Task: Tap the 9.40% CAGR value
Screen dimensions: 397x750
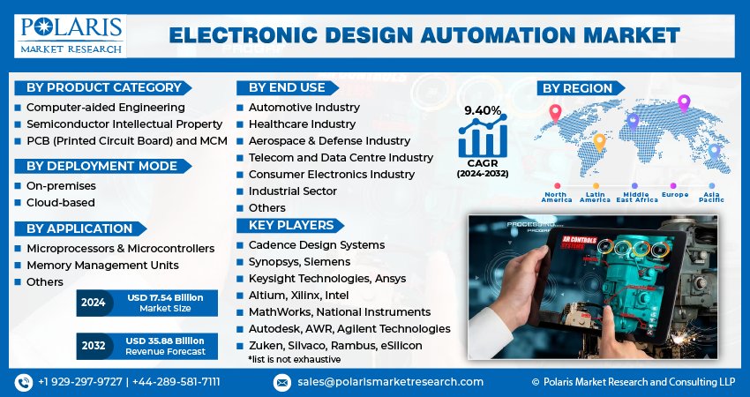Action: pos(483,110)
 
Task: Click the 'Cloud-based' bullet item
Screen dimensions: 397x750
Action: pos(61,203)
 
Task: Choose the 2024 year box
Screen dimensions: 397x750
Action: pos(93,303)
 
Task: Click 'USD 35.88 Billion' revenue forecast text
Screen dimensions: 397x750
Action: pos(166,341)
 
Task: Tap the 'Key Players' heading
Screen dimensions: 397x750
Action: pos(290,225)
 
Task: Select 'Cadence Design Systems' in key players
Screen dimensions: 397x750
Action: pos(316,244)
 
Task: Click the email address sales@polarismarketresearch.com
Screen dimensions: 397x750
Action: pos(389,382)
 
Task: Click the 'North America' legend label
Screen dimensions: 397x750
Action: pos(557,197)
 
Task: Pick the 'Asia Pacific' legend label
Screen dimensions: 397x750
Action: pos(710,197)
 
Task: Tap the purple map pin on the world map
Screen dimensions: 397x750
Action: pos(683,103)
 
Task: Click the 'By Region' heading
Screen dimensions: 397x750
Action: pos(577,87)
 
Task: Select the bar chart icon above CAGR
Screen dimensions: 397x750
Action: pos(483,138)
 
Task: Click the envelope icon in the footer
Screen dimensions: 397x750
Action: pos(281,382)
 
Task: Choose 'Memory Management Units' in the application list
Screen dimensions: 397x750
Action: pos(102,265)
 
